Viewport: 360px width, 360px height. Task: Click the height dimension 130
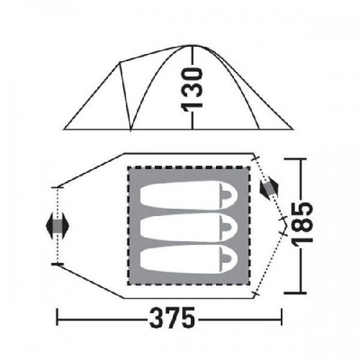pos(192,90)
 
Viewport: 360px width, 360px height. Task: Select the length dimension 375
pos(172,319)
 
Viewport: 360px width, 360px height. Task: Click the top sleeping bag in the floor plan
pos(189,195)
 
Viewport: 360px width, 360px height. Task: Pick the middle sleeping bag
pos(189,228)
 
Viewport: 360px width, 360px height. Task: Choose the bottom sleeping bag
pos(189,260)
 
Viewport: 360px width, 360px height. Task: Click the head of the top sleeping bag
pos(228,196)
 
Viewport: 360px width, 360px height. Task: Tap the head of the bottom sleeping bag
pos(228,260)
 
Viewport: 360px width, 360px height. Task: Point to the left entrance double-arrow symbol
pos(58,225)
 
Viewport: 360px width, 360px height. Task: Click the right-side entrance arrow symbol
pos(269,188)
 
